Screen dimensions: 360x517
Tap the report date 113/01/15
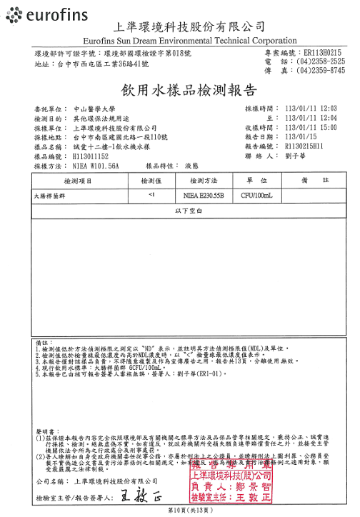click(x=302, y=136)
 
